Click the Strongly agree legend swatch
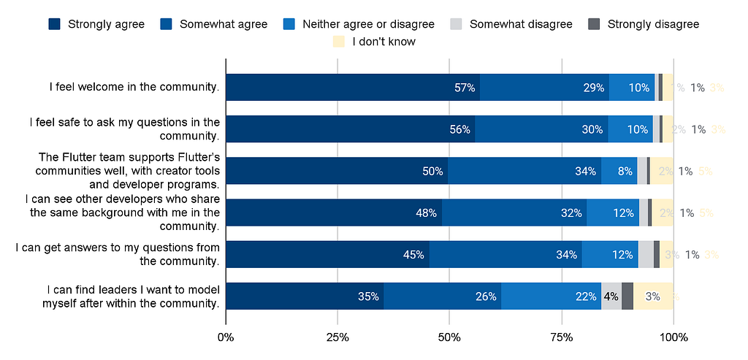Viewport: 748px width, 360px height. pyautogui.click(x=55, y=24)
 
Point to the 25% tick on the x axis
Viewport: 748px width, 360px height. pyautogui.click(x=337, y=337)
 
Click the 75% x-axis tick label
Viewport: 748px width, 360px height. pyautogui.click(x=561, y=337)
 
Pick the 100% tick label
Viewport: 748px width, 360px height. pyautogui.click(x=673, y=337)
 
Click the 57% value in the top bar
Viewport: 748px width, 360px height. pyautogui.click(x=465, y=88)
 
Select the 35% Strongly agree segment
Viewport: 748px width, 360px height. pyautogui.click(x=305, y=296)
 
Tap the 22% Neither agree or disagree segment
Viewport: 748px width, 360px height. pyautogui.click(x=552, y=296)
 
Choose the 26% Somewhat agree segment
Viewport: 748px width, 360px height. pyautogui.click(x=443, y=296)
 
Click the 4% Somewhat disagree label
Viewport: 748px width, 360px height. pyautogui.click(x=611, y=296)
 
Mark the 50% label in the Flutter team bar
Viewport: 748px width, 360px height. pyautogui.click(x=432, y=172)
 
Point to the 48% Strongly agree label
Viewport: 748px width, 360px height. pyautogui.click(x=426, y=213)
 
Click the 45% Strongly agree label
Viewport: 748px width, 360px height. pyautogui.click(x=414, y=255)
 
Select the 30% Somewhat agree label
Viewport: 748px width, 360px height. pyautogui.click(x=592, y=129)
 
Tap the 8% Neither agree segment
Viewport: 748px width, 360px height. pyautogui.click(x=625, y=172)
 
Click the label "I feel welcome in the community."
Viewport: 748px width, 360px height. pyautogui.click(x=134, y=88)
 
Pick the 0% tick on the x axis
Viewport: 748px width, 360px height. pyautogui.click(x=226, y=337)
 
